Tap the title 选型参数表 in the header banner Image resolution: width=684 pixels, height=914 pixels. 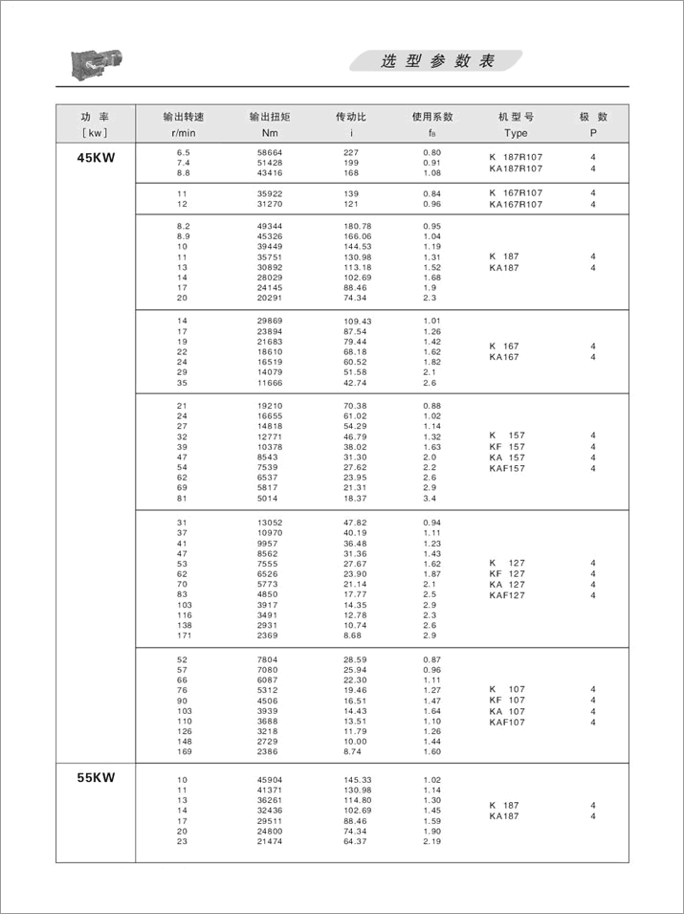437,62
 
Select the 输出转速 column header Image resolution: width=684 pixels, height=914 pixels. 184,117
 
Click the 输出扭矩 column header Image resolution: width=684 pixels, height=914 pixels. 269,117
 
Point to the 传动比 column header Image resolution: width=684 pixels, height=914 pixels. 351,117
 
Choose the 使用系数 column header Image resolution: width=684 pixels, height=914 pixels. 432,117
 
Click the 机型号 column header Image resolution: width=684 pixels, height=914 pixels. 516,117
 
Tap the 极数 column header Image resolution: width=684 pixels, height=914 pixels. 593,117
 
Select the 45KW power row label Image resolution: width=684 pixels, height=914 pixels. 96,159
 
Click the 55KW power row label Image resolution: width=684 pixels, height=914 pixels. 96,778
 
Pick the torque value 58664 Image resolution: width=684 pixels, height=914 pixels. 270,153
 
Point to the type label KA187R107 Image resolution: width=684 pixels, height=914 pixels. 516,168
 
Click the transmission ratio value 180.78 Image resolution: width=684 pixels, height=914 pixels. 357,227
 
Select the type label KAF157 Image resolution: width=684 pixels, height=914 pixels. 507,468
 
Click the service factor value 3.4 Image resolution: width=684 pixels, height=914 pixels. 430,498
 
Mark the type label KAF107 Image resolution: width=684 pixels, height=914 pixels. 507,722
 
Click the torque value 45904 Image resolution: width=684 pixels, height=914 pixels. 270,779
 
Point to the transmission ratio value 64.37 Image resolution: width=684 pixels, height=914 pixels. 357,842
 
